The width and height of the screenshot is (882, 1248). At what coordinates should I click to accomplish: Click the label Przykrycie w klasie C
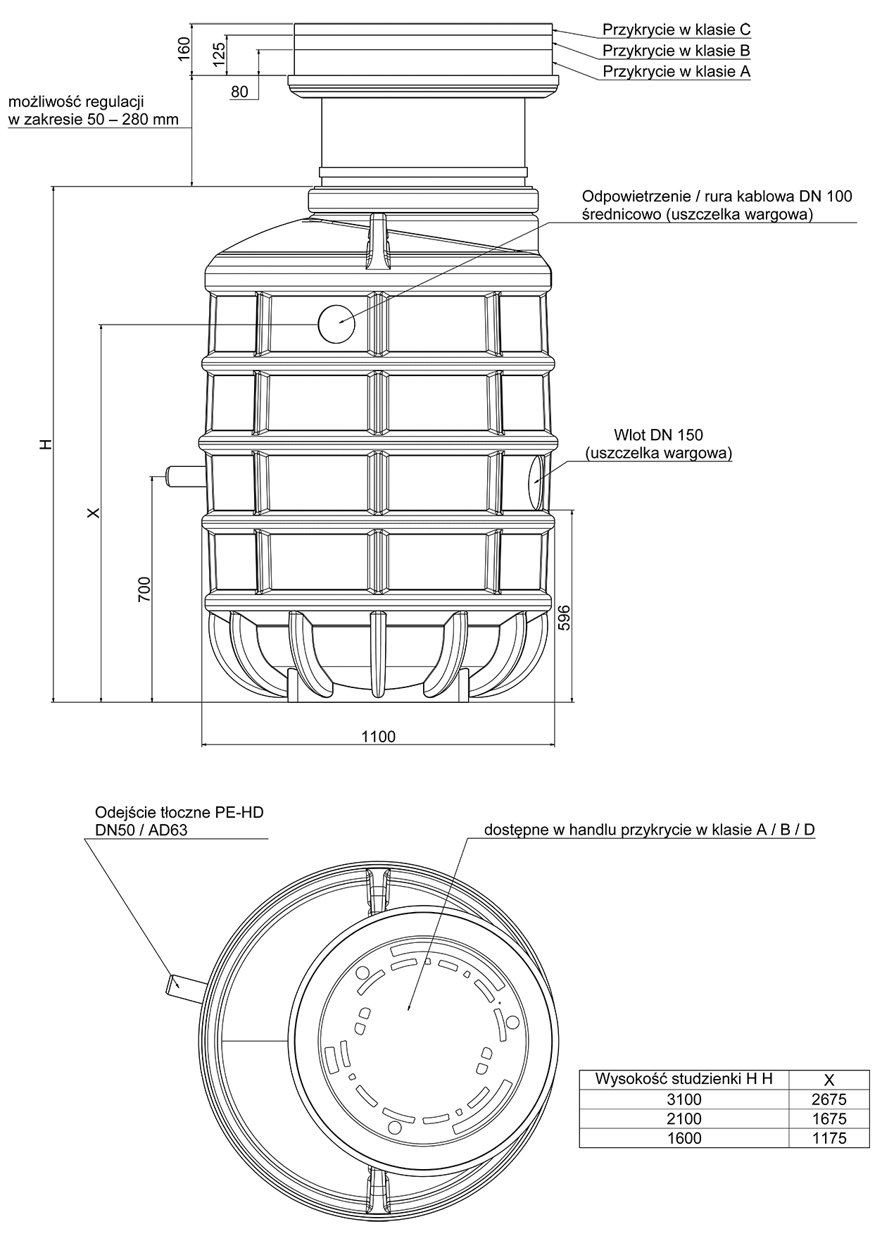coord(676,30)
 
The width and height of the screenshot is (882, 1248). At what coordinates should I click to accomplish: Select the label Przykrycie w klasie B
coord(676,51)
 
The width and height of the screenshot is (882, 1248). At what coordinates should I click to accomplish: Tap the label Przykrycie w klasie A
coord(676,72)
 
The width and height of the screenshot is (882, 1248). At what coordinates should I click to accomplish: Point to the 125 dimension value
coord(219,54)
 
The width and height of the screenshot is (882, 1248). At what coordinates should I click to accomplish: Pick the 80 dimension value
coord(240,91)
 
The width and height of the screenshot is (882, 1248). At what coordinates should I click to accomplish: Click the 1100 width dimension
coord(379,737)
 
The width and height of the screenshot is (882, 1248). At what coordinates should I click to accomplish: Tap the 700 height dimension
coord(144,589)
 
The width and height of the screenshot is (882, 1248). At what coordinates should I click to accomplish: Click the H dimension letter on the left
coord(46,444)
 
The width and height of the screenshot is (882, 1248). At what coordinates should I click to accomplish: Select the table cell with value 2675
coord(829,1099)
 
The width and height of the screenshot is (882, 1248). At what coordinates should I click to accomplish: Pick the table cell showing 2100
coord(683,1118)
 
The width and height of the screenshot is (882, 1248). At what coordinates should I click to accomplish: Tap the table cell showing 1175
coord(829,1137)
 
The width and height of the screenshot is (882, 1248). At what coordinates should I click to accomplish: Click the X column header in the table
coord(829,1079)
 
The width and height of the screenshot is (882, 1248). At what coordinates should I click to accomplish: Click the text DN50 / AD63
coord(141,830)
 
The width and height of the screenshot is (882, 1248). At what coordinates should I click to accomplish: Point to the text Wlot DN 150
coord(658,435)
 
